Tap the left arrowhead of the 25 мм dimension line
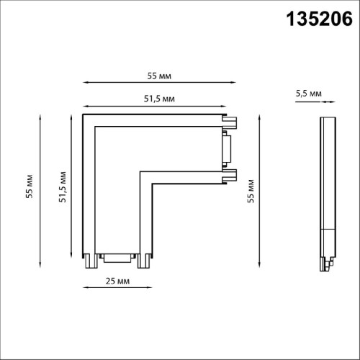(x=86, y=288)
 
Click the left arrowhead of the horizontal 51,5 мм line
(x=85, y=105)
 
